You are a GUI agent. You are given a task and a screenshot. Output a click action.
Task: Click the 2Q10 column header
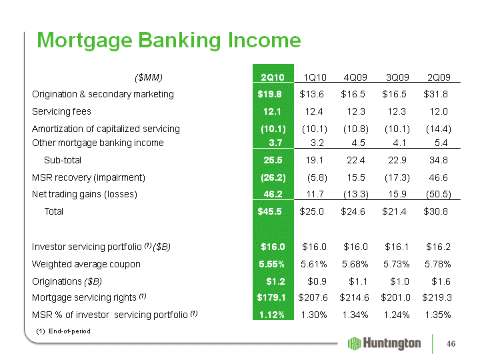273,77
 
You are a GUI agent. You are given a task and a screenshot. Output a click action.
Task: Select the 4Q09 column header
355,77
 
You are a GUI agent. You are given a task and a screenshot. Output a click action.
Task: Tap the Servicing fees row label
61,111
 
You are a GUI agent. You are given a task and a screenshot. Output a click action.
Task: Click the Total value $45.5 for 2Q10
269,211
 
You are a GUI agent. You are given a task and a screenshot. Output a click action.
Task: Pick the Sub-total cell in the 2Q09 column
439,160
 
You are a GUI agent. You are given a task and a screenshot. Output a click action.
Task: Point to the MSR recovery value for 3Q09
397,177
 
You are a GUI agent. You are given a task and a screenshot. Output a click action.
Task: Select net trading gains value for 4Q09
356,194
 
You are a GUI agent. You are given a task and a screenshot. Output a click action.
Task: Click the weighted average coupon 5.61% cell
314,264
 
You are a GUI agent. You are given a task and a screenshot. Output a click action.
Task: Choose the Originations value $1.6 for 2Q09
441,281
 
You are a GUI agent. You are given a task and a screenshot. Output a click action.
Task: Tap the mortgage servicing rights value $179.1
271,297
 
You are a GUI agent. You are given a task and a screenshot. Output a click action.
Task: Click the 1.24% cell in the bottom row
397,315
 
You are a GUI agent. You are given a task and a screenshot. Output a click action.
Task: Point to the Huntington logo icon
355,343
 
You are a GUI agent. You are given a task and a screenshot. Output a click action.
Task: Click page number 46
451,343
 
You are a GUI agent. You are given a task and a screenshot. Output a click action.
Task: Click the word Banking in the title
179,41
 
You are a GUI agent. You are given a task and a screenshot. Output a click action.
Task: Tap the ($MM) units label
149,77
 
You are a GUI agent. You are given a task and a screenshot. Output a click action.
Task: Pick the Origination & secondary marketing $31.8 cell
435,94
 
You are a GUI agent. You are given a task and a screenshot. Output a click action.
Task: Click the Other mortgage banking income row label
97,143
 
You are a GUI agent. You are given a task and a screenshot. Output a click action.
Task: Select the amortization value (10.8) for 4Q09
356,129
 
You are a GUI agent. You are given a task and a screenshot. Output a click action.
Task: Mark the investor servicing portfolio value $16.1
397,247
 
